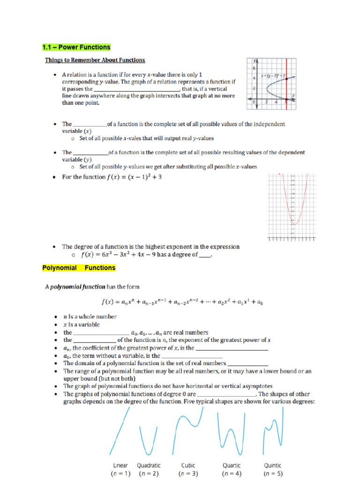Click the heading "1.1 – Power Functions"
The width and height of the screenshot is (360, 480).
76,47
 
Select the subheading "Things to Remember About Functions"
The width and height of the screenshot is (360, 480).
95,60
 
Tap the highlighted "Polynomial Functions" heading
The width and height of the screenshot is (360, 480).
79,268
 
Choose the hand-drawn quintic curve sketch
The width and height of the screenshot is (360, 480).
272,431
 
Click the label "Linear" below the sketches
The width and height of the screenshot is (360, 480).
120,465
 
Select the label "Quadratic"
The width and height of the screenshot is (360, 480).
149,465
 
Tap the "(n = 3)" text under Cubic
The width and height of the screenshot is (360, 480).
188,474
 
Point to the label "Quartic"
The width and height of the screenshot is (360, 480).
232,465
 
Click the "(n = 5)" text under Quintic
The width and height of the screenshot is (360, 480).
273,474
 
